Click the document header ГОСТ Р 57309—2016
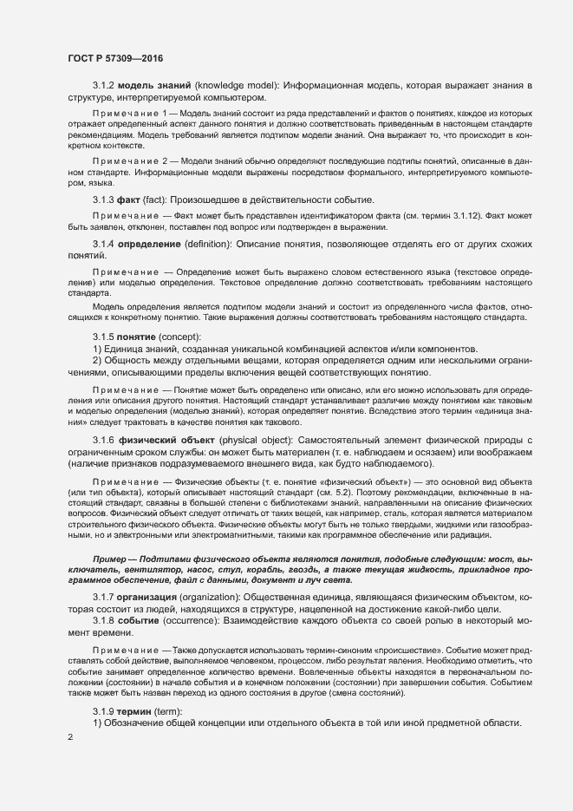[x=114, y=58]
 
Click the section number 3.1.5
[x=103, y=337]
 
